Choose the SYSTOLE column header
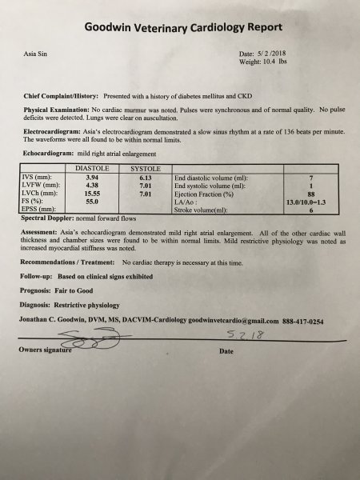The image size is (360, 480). (146, 170)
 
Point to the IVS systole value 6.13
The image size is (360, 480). (146, 178)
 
